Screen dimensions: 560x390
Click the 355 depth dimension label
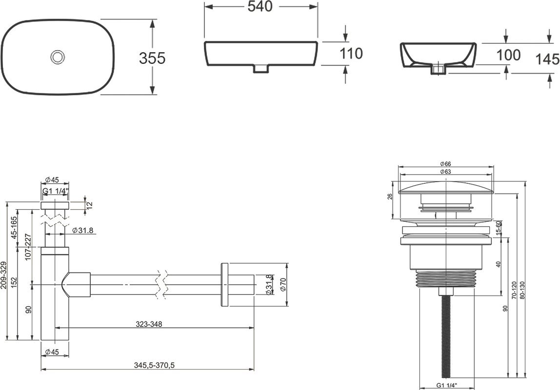[153, 58]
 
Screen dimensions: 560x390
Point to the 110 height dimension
[351, 54]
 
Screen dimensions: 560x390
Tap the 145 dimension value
[548, 59]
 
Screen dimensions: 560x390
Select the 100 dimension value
[509, 55]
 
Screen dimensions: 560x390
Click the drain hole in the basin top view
[58, 57]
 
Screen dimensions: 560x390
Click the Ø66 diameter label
[446, 164]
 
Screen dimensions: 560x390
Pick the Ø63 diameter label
[446, 172]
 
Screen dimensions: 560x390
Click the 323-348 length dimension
[149, 324]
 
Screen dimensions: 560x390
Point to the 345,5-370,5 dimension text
[154, 365]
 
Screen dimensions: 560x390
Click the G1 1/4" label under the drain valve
[446, 385]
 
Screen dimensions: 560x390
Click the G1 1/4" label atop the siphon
[55, 192]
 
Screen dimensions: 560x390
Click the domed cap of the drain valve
[446, 188]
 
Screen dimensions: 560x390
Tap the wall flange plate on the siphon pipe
[225, 285]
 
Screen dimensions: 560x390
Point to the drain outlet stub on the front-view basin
[261, 69]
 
